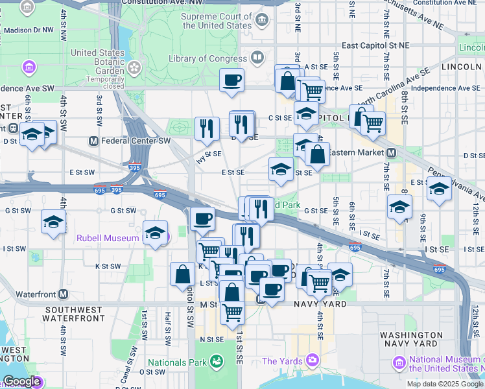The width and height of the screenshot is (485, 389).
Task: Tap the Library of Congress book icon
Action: (x=257, y=58)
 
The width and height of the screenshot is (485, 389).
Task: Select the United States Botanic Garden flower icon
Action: (x=134, y=67)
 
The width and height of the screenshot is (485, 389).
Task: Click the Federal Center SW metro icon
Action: (x=93, y=141)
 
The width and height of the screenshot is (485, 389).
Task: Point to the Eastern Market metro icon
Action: (x=392, y=152)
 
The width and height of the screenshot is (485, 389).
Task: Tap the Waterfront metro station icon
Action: (x=63, y=294)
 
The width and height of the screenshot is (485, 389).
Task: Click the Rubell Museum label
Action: (x=108, y=238)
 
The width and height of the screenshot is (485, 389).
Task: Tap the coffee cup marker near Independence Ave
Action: (x=231, y=81)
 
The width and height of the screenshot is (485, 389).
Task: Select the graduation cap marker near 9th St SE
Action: (x=439, y=189)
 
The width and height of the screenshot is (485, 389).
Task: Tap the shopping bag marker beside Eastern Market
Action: (x=317, y=155)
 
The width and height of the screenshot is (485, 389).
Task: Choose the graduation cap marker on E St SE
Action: (x=281, y=170)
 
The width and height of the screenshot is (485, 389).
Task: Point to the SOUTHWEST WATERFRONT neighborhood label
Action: (x=74, y=314)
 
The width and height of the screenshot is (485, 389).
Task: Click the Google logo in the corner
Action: (x=21, y=381)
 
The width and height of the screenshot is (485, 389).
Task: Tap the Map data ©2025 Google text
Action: (x=445, y=384)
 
